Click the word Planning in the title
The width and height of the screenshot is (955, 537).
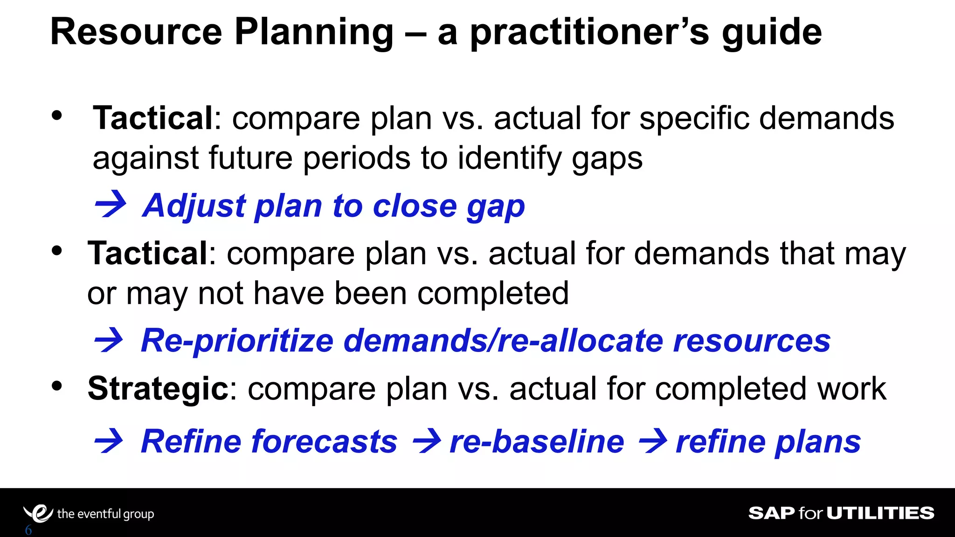coord(314,33)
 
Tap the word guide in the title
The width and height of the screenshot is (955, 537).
coord(771,33)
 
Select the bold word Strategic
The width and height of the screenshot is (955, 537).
coord(158,389)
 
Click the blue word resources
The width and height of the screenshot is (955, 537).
coord(752,341)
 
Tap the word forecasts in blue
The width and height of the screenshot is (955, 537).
coord(325,441)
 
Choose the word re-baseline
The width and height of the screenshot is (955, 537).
coord(537,441)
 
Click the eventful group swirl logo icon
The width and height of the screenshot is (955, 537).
coord(38,514)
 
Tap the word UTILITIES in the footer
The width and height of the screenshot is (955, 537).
coord(880,513)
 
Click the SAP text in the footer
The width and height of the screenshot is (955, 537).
coord(771,513)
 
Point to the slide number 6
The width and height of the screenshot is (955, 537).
coord(28,530)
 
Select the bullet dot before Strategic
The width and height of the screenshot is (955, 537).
coord(57,386)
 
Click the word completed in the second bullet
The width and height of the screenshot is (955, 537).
coord(493,294)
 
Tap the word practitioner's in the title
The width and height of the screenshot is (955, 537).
coord(589,33)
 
